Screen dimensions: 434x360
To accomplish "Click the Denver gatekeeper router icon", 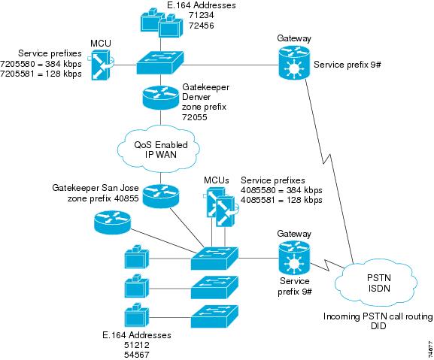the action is (160, 98).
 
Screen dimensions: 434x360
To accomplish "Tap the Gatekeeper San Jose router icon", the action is (160, 195).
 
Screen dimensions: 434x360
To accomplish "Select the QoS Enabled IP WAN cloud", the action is (159, 150).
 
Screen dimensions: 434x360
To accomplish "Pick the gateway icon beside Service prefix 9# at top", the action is (294, 62).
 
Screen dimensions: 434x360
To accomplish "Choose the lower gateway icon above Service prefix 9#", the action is (294, 258).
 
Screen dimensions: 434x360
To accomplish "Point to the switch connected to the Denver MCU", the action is (160, 63).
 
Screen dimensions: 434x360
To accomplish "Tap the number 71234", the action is (202, 15).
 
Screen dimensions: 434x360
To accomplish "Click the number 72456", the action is (202, 26).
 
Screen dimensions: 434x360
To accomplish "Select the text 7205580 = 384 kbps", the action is (41, 64).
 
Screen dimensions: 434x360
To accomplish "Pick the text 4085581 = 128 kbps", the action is (281, 200).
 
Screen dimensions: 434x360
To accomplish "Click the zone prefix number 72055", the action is (195, 117).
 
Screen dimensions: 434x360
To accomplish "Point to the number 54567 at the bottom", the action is (137, 355).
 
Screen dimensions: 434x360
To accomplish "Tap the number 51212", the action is (137, 345).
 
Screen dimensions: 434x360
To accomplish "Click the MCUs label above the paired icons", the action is (217, 180).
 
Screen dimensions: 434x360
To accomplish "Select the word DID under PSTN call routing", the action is (378, 326).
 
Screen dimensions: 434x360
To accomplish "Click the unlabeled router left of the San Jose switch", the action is (112, 222).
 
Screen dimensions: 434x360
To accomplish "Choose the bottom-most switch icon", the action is (214, 317).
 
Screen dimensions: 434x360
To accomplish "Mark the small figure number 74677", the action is (430, 349).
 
